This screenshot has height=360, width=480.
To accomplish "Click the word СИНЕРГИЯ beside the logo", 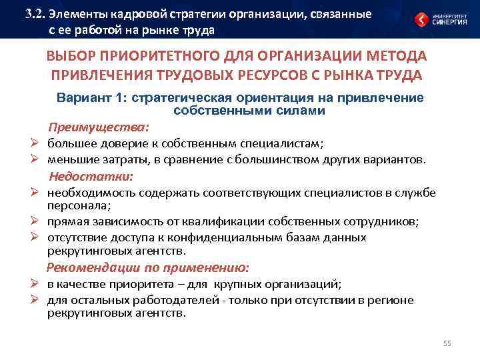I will coord(451,22).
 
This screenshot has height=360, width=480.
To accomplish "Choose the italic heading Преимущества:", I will coord(98,127).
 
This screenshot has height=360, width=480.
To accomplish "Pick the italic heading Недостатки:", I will coord(91,177).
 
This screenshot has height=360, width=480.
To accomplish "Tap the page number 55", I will coord(447,343).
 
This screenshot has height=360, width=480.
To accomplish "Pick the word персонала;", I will coord(74,207).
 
